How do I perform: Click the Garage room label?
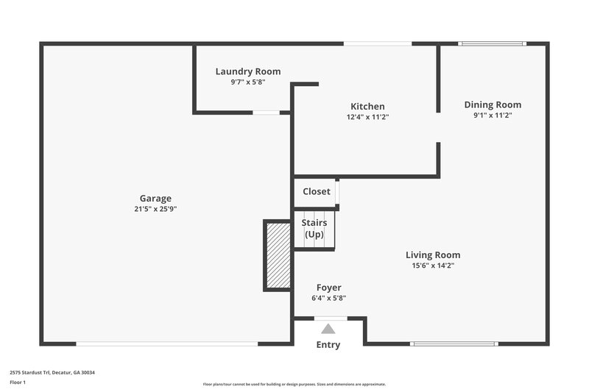[155, 198]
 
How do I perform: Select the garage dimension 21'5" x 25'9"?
[155, 209]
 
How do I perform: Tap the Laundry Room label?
[247, 71]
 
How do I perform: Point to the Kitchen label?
[367, 107]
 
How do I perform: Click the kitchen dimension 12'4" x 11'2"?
[367, 117]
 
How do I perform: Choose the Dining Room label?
[492, 104]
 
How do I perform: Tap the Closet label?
[317, 191]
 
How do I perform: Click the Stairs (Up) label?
[316, 228]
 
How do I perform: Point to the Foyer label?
[328, 288]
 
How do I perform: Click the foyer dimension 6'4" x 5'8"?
[328, 298]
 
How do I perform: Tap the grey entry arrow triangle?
[328, 329]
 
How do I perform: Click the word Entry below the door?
[328, 345]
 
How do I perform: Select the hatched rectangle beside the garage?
[278, 254]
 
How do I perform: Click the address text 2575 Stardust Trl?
[52, 372]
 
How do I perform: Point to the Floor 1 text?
[18, 382]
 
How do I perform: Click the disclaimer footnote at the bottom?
[294, 384]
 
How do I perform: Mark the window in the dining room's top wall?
[492, 44]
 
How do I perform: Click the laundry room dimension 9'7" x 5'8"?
[247, 82]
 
